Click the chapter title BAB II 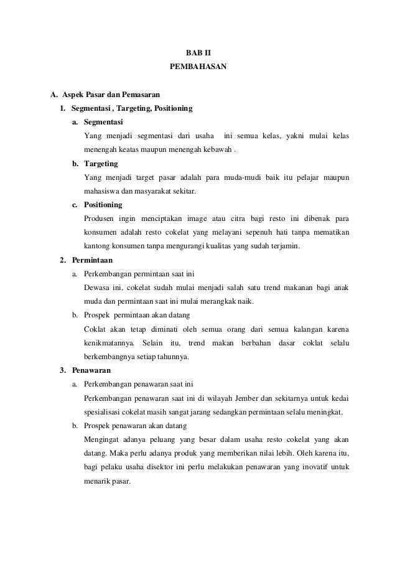pos(198,54)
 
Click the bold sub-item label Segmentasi pos(103,123)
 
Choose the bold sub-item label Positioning pos(103,205)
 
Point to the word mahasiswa pos(103,191)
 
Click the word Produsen pos(100,218)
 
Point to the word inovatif pos(319,467)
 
